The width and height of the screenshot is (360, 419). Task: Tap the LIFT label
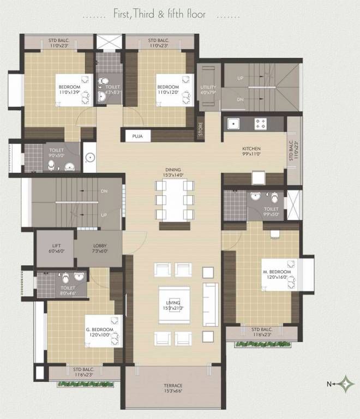pyautogui.click(x=55, y=246)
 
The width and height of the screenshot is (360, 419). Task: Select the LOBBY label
pyautogui.click(x=100, y=246)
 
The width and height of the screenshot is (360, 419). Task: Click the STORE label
pyautogui.click(x=200, y=131)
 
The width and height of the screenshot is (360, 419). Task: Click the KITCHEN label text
pyautogui.click(x=252, y=148)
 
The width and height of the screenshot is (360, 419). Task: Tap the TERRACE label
pyautogui.click(x=173, y=386)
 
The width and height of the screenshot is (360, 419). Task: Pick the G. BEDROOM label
pyautogui.click(x=99, y=330)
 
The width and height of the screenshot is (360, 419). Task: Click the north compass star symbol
pyautogui.click(x=345, y=384)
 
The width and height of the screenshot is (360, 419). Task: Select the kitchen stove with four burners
pyautogui.click(x=260, y=124)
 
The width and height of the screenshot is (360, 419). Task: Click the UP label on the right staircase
pyautogui.click(x=241, y=79)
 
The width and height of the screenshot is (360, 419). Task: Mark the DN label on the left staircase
pyautogui.click(x=104, y=191)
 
